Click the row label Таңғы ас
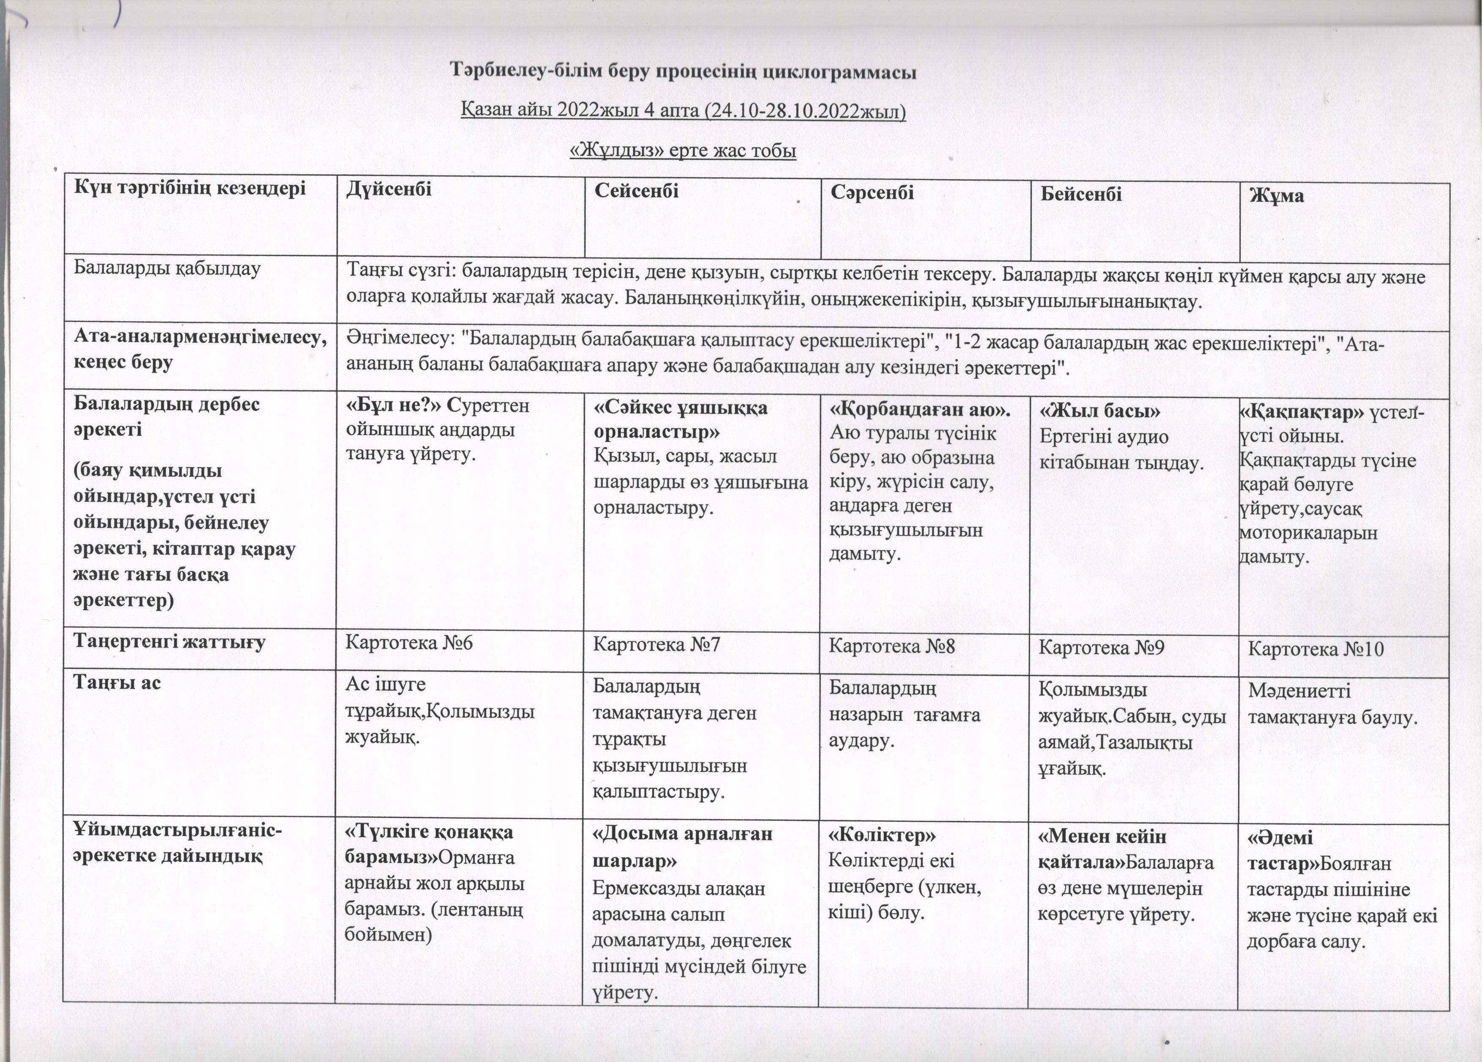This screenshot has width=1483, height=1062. click(117, 682)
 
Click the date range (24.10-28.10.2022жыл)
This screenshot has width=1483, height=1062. click(804, 111)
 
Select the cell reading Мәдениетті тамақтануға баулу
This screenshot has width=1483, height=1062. click(1332, 704)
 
